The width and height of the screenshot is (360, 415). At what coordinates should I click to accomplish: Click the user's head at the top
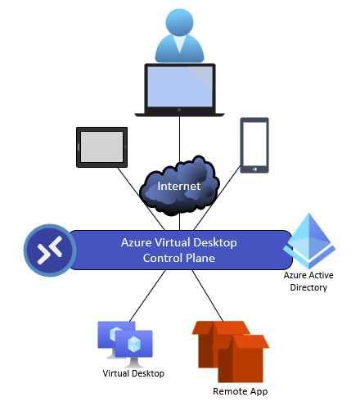[179, 22]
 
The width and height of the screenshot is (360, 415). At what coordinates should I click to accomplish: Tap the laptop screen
[180, 87]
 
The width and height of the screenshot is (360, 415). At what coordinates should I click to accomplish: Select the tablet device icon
[101, 147]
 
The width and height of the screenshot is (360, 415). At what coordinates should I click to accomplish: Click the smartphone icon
[254, 145]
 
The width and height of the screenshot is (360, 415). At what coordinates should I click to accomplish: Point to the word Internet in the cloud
[179, 186]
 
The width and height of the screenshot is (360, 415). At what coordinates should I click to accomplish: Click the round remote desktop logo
[50, 250]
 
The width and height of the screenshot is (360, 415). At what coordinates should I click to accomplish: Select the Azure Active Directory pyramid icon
[309, 241]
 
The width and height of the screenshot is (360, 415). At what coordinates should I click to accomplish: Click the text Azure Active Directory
[308, 282]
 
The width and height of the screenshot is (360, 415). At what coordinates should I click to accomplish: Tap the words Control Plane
[179, 258]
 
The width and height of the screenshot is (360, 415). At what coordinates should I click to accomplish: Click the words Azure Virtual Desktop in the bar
[179, 242]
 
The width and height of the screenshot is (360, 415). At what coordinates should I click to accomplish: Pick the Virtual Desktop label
[133, 373]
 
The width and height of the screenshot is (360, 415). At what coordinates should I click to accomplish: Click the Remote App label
[241, 391]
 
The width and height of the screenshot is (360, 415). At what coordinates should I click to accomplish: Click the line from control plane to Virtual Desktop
[147, 295]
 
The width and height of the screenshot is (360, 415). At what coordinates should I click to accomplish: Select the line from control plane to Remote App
[208, 295]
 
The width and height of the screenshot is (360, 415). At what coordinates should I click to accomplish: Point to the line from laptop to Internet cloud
[179, 139]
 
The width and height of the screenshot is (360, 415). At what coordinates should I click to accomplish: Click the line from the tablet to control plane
[141, 199]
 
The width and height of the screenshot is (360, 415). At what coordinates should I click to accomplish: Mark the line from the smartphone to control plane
[217, 197]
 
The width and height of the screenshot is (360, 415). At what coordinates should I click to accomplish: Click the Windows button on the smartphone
[254, 169]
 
